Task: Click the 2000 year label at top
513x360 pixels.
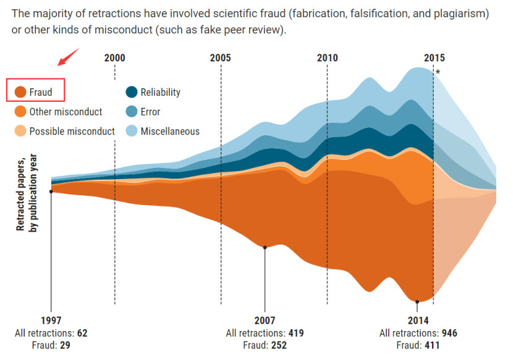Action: coord(114,58)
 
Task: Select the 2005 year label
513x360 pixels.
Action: coord(221,58)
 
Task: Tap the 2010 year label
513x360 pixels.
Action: coord(328,58)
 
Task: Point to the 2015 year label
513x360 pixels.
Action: coord(433,58)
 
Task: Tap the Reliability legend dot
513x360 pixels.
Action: coord(131,93)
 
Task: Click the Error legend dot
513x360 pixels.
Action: coord(131,112)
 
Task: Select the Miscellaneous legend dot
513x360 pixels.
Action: coord(131,131)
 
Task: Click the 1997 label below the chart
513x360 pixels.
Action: coord(51,321)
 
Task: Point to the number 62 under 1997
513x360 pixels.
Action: coord(82,333)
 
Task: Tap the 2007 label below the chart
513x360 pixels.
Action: coord(265,321)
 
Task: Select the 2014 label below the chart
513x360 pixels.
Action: coord(417,321)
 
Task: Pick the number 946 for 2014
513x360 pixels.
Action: coord(449,333)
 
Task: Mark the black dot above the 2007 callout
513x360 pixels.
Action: coord(265,248)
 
